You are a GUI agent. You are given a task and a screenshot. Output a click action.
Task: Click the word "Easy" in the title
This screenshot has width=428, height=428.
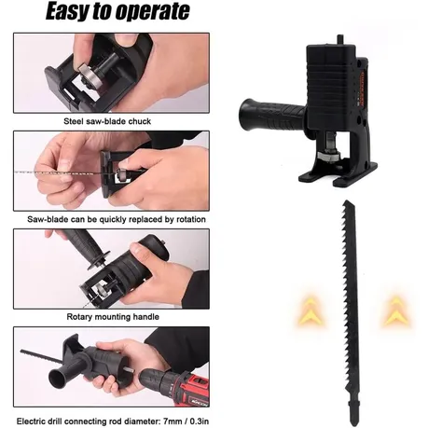tap(66, 11)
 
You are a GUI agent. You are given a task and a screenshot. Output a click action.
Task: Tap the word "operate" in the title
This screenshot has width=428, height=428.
tap(153, 12)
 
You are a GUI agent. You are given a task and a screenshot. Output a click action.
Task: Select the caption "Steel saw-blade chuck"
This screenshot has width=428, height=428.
tap(107, 121)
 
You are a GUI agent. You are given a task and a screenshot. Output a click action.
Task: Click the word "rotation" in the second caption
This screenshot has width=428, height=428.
tap(191, 219)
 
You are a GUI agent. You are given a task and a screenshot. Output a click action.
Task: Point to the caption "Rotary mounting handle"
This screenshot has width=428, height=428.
tap(113, 317)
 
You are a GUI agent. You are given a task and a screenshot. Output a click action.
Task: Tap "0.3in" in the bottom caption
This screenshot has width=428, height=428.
tap(200, 421)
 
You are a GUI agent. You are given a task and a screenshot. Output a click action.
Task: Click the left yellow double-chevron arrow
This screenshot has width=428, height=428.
tap(310, 311)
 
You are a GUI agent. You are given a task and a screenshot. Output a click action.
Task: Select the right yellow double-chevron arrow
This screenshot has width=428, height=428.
tap(396, 311)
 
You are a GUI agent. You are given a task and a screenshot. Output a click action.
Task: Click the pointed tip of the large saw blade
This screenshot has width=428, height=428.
tap(345, 201)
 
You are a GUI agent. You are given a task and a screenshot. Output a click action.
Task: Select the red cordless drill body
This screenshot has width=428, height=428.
tap(178, 386)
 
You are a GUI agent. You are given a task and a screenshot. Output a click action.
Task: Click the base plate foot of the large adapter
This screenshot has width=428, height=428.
tap(338, 175)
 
